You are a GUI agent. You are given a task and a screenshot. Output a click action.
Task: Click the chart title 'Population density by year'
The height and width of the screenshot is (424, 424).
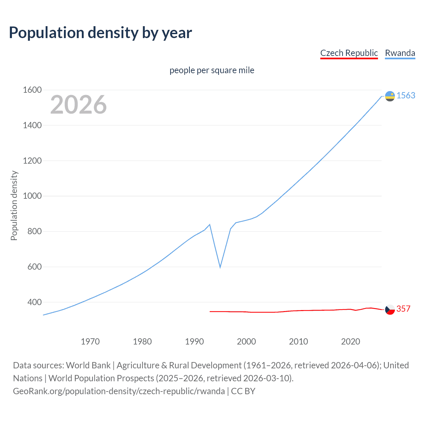(x=100, y=33)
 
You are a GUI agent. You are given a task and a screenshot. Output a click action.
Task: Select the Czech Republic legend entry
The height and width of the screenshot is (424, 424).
(x=349, y=53)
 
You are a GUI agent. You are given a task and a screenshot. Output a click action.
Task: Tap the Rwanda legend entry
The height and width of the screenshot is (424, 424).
(x=400, y=53)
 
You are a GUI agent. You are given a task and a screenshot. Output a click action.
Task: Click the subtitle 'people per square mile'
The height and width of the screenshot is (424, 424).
(x=212, y=70)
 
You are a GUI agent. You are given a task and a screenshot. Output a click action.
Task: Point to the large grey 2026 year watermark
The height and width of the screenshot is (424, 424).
(x=79, y=105)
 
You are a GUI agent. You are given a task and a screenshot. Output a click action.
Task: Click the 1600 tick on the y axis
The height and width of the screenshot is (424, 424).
(x=32, y=90)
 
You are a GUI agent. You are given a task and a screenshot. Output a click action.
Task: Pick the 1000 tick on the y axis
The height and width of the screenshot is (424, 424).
(x=32, y=196)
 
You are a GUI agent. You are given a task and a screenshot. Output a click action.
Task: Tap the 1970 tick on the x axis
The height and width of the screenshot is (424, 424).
(x=90, y=342)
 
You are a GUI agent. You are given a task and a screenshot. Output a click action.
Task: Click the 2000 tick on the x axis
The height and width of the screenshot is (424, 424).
(x=246, y=342)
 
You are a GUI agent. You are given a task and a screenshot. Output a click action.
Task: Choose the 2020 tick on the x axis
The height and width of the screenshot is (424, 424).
(x=350, y=342)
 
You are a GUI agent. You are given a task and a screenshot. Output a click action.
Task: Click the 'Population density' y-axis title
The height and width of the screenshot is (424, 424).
(x=14, y=205)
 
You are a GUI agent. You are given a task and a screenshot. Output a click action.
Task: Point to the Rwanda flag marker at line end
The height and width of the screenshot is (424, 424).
(x=390, y=96)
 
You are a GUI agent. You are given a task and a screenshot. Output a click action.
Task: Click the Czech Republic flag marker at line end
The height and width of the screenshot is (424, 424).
(x=390, y=310)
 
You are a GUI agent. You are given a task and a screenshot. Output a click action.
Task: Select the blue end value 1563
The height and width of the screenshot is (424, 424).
(x=406, y=95)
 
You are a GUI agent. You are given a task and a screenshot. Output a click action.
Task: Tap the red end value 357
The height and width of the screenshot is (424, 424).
(x=403, y=309)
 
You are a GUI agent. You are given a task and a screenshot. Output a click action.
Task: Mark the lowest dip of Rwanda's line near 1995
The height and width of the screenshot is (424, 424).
(x=220, y=267)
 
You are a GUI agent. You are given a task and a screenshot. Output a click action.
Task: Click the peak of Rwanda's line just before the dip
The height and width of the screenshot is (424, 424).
(x=210, y=225)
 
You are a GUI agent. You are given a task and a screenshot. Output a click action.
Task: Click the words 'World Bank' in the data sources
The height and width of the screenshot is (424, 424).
(x=88, y=365)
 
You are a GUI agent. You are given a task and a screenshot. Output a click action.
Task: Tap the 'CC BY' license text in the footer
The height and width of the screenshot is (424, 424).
(x=243, y=391)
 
